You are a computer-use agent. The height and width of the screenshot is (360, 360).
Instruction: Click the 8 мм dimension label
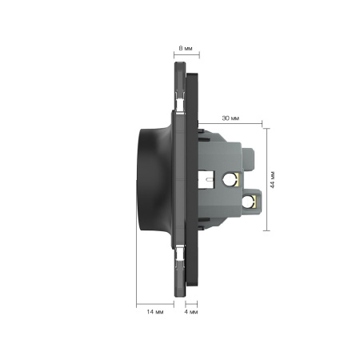pyautogui.click(x=186, y=48)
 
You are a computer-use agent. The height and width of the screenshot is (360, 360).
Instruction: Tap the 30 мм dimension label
pyautogui.click(x=230, y=118)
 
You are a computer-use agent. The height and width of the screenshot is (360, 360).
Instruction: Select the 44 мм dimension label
pyautogui.click(x=272, y=180)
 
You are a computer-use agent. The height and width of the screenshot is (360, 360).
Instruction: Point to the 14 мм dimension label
pyautogui.click(x=155, y=311)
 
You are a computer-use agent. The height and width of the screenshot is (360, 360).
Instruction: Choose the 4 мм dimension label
pyautogui.click(x=191, y=311)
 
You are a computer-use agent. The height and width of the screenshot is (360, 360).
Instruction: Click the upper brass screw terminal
pyautogui.click(x=231, y=179)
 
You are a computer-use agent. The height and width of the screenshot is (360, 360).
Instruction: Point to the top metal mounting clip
pyautogui.click(x=180, y=102)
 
